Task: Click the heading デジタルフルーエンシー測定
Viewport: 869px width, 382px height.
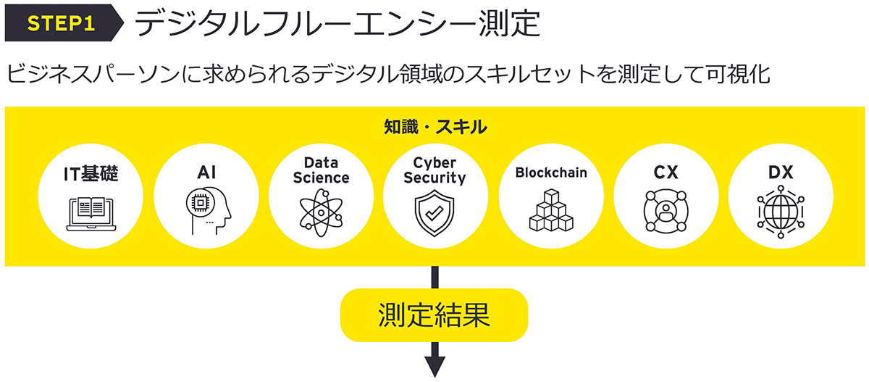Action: (x=336, y=24)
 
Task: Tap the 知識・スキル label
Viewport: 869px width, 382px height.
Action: (x=434, y=128)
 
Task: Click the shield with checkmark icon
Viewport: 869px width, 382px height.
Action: (x=434, y=211)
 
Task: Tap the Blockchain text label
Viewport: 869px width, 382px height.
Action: (x=551, y=173)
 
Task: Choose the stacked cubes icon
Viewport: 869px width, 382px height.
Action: (x=551, y=211)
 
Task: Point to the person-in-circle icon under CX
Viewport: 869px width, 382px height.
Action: (x=666, y=211)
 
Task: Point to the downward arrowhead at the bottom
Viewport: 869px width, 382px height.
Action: (x=434, y=365)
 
